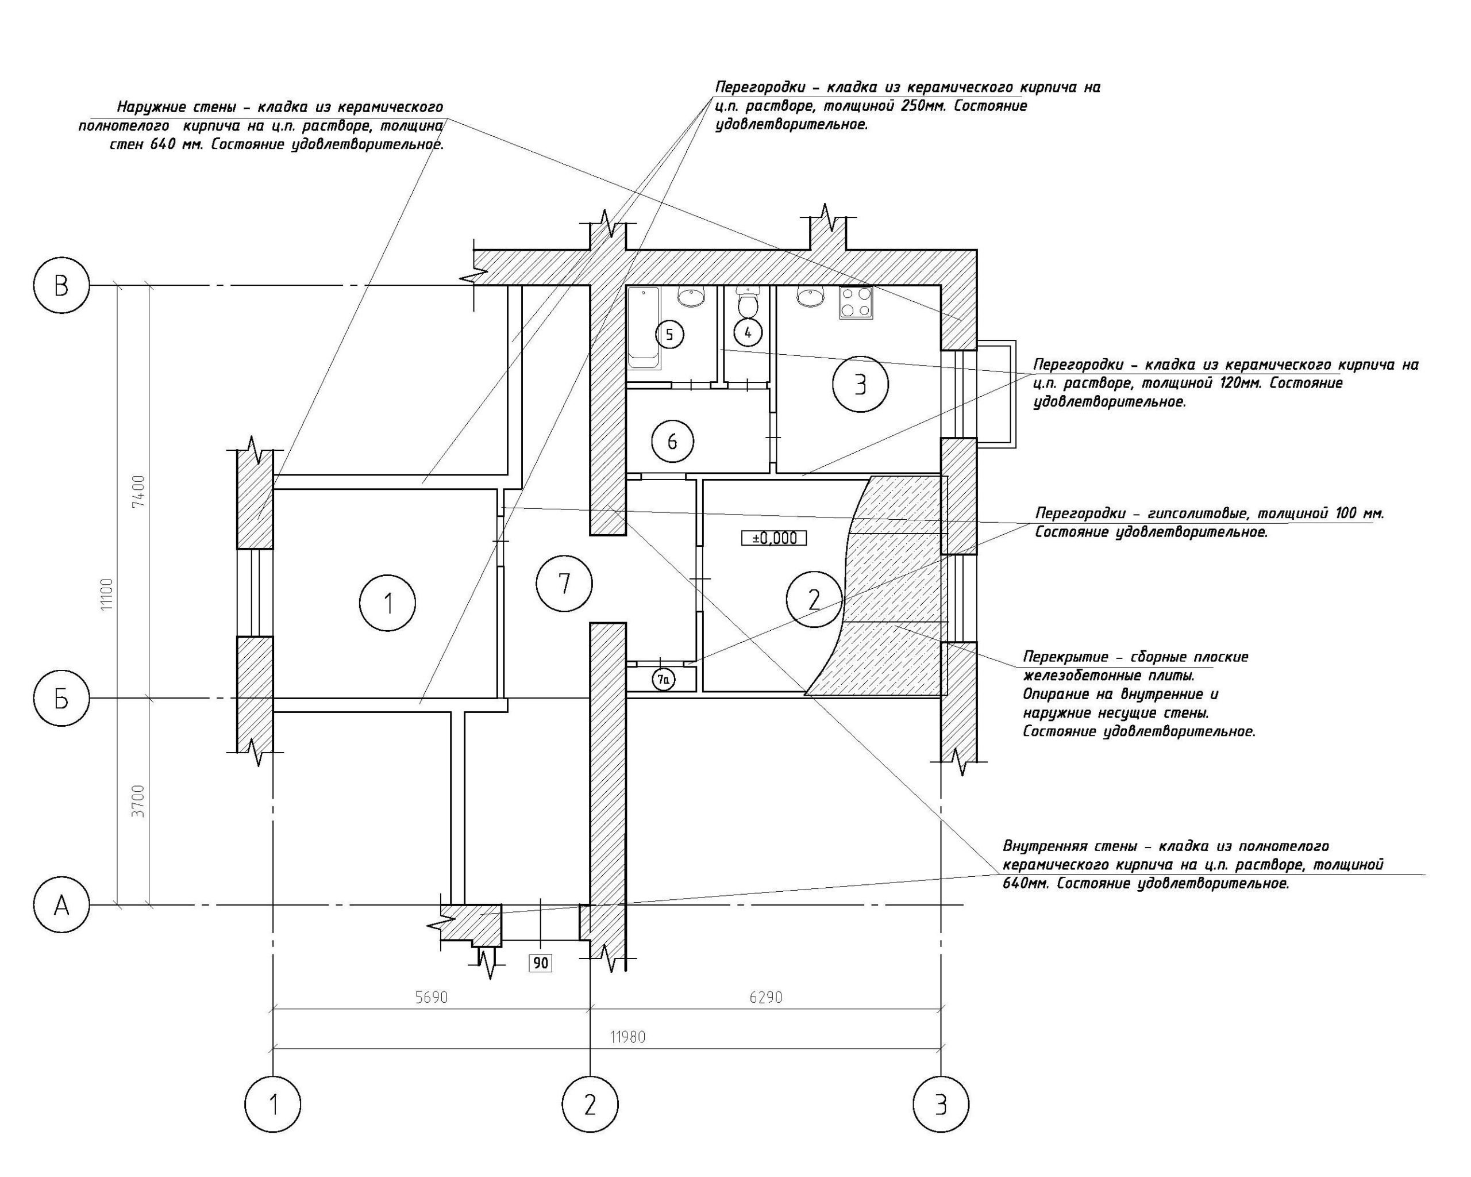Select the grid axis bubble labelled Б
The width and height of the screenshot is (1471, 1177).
coord(61,699)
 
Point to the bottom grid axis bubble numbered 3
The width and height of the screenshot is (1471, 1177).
coord(942,1104)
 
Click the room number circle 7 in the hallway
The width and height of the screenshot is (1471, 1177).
coord(564,584)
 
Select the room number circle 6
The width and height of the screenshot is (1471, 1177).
coord(672,442)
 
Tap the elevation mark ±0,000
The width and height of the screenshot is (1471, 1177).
coord(773,538)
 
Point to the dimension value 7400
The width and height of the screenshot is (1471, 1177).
coord(138,491)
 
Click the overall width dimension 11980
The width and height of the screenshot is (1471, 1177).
coord(627,1037)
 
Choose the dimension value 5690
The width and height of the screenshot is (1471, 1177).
coord(431,998)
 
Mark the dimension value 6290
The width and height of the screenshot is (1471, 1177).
coord(765,998)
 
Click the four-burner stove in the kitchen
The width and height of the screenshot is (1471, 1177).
coord(856,302)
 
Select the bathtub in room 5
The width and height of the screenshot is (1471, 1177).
coord(644,329)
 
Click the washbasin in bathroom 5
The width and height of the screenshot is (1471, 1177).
coord(691,296)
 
